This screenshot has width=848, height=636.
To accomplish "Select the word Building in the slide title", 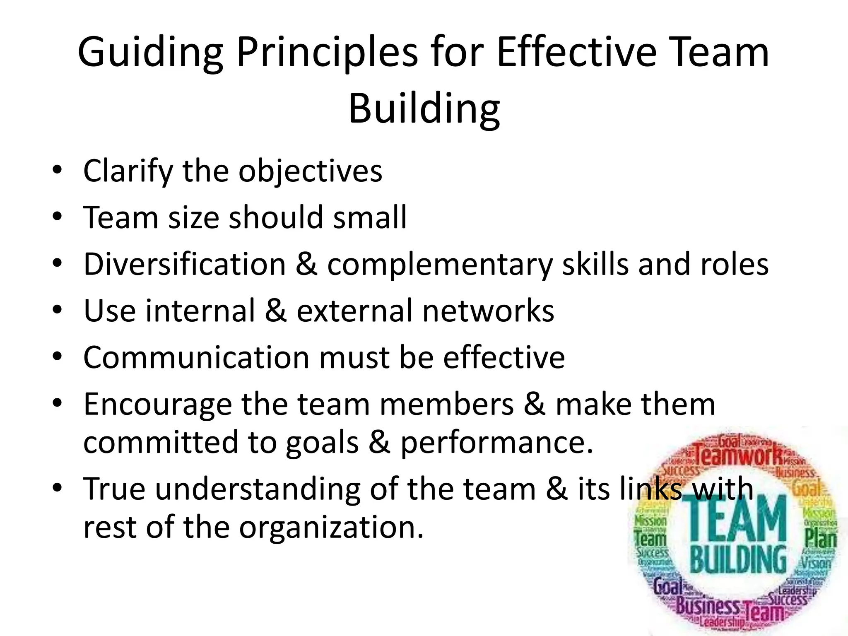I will coord(424,109).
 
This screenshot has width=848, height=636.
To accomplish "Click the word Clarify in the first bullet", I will coord(128,171).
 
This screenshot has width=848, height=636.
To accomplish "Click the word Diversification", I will coord(185,264).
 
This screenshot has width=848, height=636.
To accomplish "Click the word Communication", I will coord(196,357).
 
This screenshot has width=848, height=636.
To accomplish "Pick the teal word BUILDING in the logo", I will coord(738,559).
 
